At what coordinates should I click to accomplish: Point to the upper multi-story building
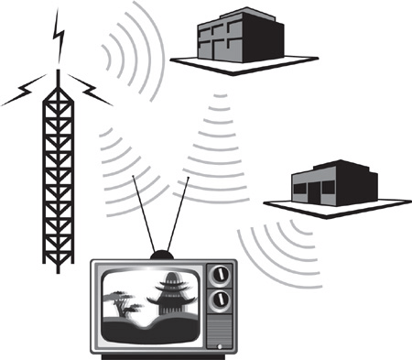[234, 35]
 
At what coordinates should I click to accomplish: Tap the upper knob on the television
[219, 275]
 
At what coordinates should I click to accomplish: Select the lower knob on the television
[219, 300]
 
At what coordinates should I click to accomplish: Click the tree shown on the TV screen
[125, 299]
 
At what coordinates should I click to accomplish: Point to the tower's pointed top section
[59, 79]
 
